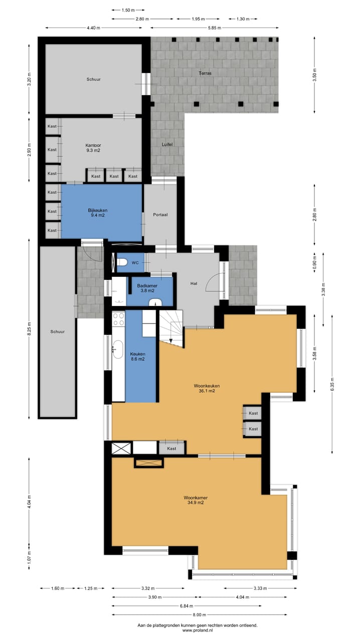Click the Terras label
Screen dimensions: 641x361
[205, 73]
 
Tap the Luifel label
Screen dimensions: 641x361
[167, 145]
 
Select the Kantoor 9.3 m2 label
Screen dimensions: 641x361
[93, 147]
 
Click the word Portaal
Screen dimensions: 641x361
[160, 215]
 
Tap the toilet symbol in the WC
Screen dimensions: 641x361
[120, 262]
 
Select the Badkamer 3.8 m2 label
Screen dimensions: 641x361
[144, 288]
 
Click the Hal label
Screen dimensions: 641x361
[194, 283]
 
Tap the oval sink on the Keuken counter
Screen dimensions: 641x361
[118, 349]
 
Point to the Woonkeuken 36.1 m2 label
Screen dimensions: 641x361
[207, 388]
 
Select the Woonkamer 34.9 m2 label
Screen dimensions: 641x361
[196, 500]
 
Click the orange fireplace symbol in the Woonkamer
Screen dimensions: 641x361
[148, 463]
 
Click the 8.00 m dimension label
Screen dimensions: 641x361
[199, 615]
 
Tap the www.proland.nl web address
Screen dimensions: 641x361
[197, 630]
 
